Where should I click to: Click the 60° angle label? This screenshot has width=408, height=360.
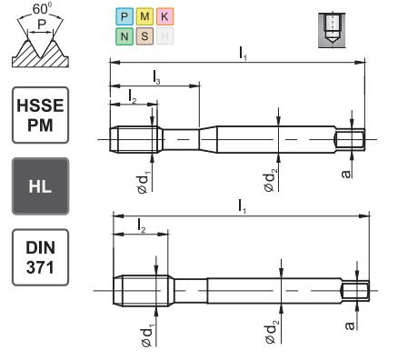41,10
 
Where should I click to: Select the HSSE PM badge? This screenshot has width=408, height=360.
41,114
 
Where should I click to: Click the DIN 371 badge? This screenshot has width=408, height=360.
41,256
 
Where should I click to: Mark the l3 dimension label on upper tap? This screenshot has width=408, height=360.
157,80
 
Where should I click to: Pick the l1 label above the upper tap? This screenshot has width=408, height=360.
243,54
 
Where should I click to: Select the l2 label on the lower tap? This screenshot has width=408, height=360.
142,224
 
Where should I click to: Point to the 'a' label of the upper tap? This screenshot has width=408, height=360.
346,170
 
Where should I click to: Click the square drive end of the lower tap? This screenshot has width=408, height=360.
357,292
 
